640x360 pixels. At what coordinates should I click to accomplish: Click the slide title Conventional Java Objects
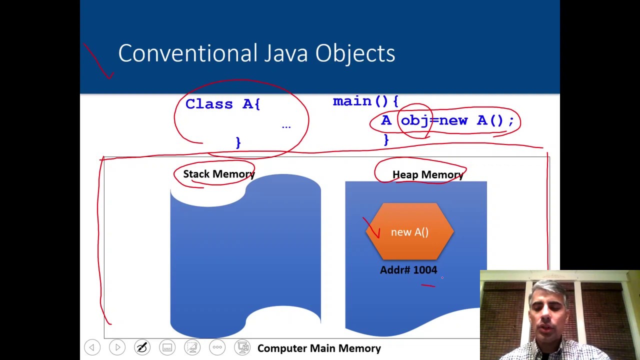(x=256, y=53)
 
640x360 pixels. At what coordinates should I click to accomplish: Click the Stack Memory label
(x=218, y=174)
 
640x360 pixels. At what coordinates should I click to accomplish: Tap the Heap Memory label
(x=427, y=174)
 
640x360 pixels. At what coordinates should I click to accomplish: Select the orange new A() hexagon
(x=410, y=231)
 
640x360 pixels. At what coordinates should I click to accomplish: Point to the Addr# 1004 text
(x=408, y=270)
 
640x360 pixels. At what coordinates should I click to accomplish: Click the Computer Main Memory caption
(x=319, y=348)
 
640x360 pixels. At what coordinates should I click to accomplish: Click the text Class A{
(x=222, y=104)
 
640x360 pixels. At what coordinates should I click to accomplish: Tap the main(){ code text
(x=365, y=101)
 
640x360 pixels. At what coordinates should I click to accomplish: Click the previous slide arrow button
(x=92, y=347)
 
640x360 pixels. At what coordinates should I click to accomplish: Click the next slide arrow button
(x=117, y=347)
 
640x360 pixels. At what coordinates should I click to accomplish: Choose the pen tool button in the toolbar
(x=142, y=347)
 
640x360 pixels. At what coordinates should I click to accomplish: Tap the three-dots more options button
(x=217, y=347)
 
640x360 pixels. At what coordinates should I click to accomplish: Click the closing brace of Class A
(x=238, y=142)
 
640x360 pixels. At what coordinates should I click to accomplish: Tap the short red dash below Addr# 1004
(x=428, y=285)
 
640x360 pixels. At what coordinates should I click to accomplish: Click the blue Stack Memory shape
(x=245, y=260)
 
